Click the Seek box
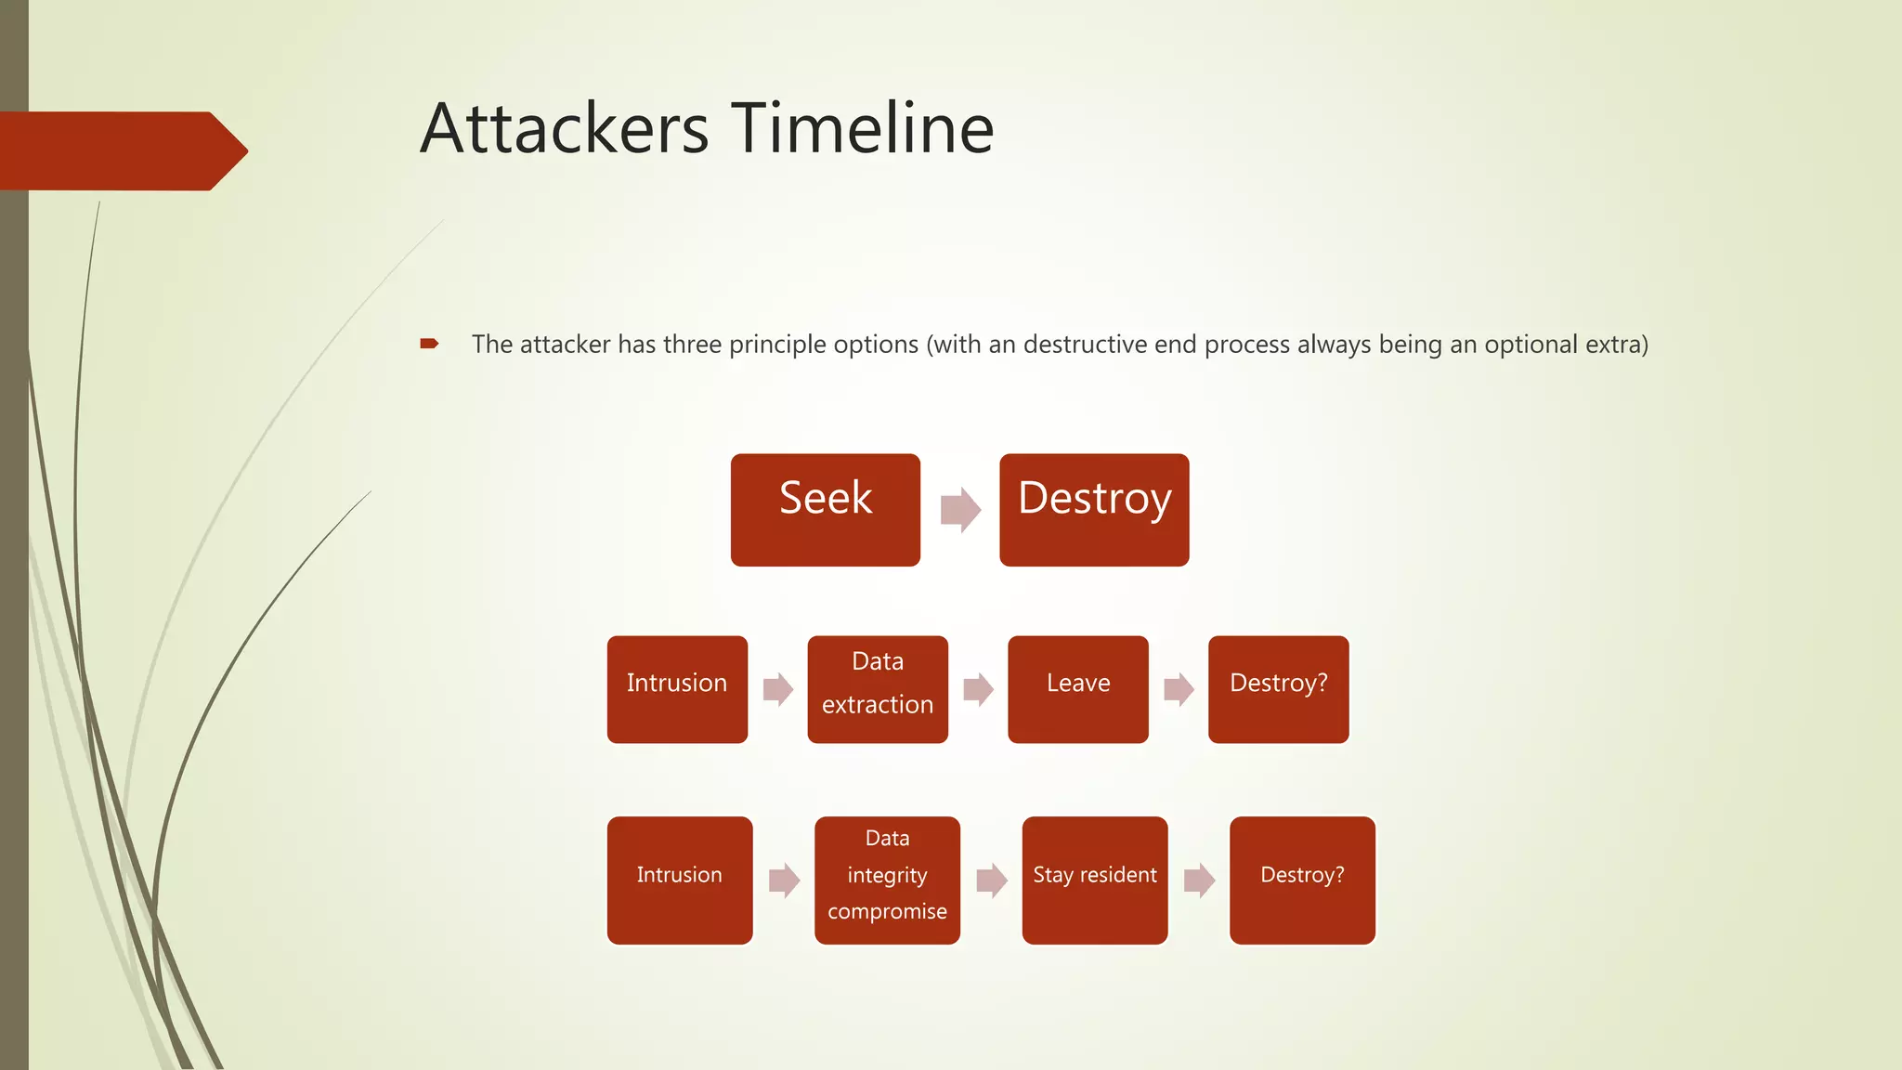point(825,510)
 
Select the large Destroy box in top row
point(1094,510)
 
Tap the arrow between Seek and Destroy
point(960,510)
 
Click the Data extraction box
point(878,689)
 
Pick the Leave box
point(1077,689)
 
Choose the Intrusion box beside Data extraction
point(677,689)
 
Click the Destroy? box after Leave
point(1278,689)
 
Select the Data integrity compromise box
point(887,880)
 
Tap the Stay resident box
point(1094,880)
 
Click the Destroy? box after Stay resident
point(1302,880)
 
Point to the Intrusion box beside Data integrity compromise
point(679,880)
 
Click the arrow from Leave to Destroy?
point(1179,689)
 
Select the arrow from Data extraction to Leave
point(978,689)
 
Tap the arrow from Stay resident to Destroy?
point(1199,880)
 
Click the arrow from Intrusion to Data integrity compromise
point(784,880)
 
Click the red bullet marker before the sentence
point(429,344)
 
